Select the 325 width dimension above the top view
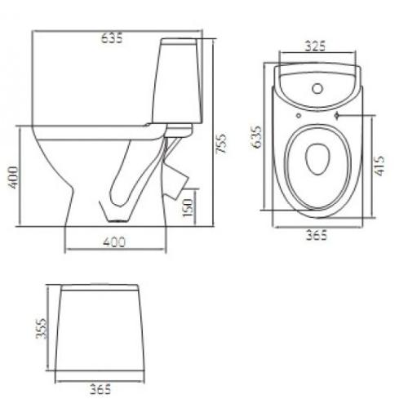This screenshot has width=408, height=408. tap(317, 47)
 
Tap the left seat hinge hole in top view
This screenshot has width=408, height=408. tap(299, 116)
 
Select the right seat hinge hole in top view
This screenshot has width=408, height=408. tap(336, 117)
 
